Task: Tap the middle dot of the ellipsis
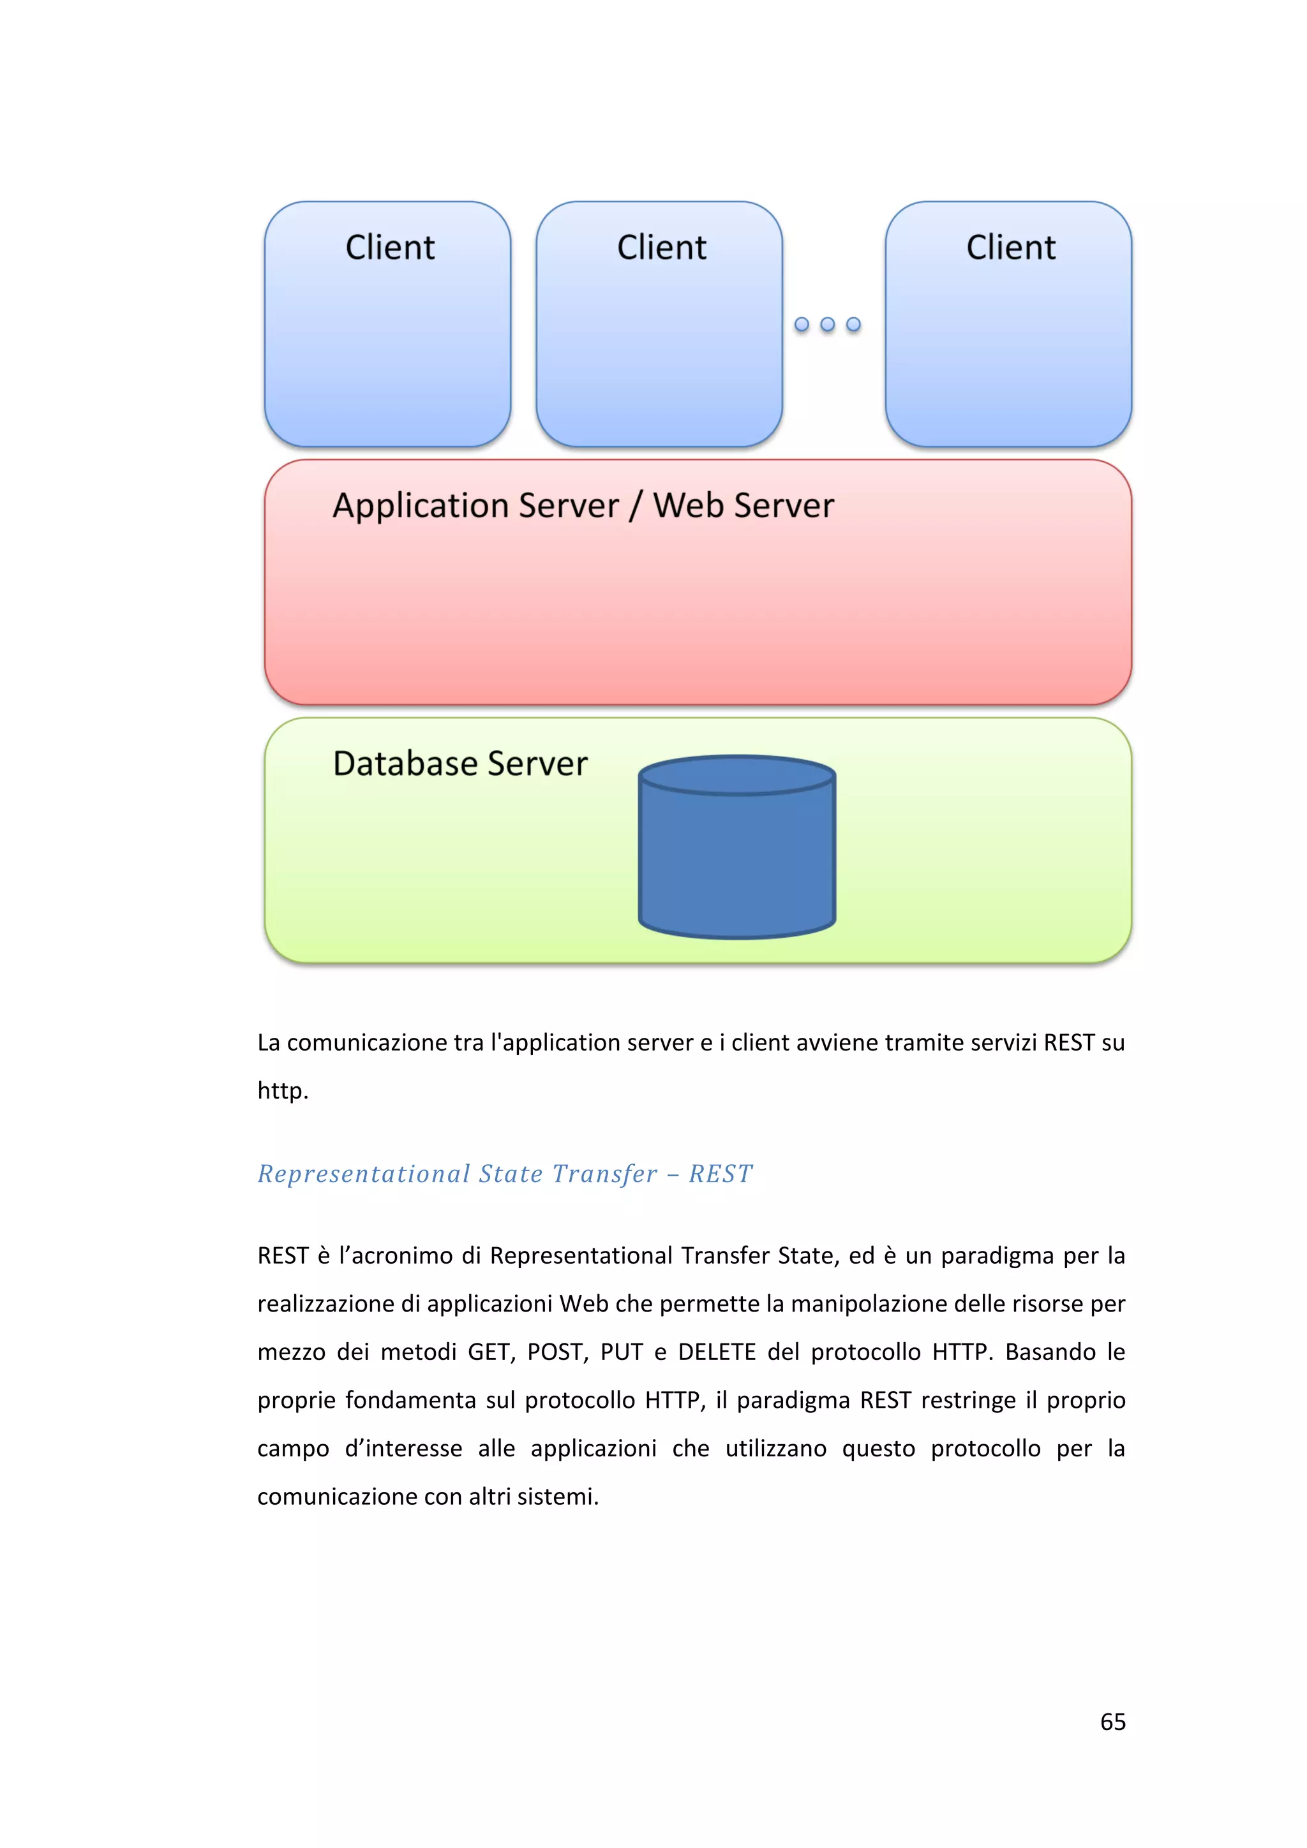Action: point(827,324)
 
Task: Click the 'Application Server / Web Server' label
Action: point(583,505)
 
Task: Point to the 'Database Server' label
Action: point(460,763)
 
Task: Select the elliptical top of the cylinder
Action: point(737,775)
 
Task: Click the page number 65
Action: point(1112,1721)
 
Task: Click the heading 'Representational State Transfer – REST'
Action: point(505,1174)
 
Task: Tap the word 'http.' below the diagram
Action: point(283,1091)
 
